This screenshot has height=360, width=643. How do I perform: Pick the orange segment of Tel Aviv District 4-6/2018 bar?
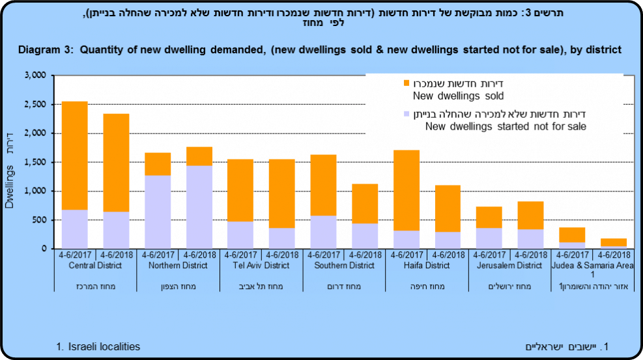(x=281, y=193)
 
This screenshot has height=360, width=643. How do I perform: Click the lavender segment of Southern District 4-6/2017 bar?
(x=323, y=232)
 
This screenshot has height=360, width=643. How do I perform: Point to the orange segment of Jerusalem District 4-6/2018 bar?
(x=531, y=215)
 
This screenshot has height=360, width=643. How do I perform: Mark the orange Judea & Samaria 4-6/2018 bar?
(x=614, y=243)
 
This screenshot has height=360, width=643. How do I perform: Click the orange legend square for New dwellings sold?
(x=407, y=83)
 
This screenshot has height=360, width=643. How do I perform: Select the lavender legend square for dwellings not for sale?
(x=407, y=113)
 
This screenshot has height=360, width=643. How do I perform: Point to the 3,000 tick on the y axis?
(x=34, y=76)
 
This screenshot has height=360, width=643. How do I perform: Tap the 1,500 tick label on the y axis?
(x=34, y=162)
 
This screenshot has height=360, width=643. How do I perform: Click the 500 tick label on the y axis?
(x=38, y=220)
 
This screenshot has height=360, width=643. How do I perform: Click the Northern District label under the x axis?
(x=178, y=266)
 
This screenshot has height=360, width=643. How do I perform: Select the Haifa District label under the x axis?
(x=427, y=266)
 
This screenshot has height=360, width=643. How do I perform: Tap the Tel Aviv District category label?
(x=261, y=266)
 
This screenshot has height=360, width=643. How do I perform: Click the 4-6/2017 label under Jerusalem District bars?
(x=489, y=255)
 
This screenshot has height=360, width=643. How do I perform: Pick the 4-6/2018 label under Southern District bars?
(x=365, y=255)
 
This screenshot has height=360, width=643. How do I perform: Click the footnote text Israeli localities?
(x=104, y=346)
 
